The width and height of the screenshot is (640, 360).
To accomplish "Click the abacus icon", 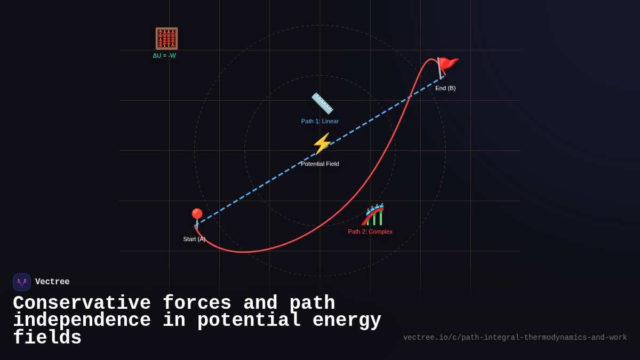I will tap(166, 38).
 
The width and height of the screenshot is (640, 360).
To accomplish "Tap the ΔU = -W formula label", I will tap(164, 55).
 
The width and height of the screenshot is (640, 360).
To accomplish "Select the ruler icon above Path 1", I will tap(322, 103).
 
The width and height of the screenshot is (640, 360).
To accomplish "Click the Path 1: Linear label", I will tap(320, 121).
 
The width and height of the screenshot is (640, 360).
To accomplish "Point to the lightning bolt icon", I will tap(322, 144).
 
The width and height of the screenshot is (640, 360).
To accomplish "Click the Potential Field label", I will tap(320, 164).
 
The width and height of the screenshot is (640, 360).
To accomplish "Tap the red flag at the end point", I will tap(447, 67).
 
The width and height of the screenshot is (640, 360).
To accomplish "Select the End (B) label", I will tap(445, 88).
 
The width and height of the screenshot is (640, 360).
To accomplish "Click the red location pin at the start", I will tap(197, 218).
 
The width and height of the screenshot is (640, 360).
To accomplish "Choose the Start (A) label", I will tap(194, 239).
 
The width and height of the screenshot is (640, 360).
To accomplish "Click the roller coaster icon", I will tap(373, 214).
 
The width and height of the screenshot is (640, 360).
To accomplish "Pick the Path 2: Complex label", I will tap(370, 231).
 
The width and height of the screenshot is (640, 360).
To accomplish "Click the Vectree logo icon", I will tap(22, 282).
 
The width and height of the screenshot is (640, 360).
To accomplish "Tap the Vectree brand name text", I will tap(52, 282).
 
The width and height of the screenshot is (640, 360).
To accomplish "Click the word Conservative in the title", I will tap(82, 303).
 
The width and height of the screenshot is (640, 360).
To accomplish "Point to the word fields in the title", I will tap(47, 338).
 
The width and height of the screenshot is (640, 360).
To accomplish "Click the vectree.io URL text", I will tap(515, 338).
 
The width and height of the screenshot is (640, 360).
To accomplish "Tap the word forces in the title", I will tap(197, 303).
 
